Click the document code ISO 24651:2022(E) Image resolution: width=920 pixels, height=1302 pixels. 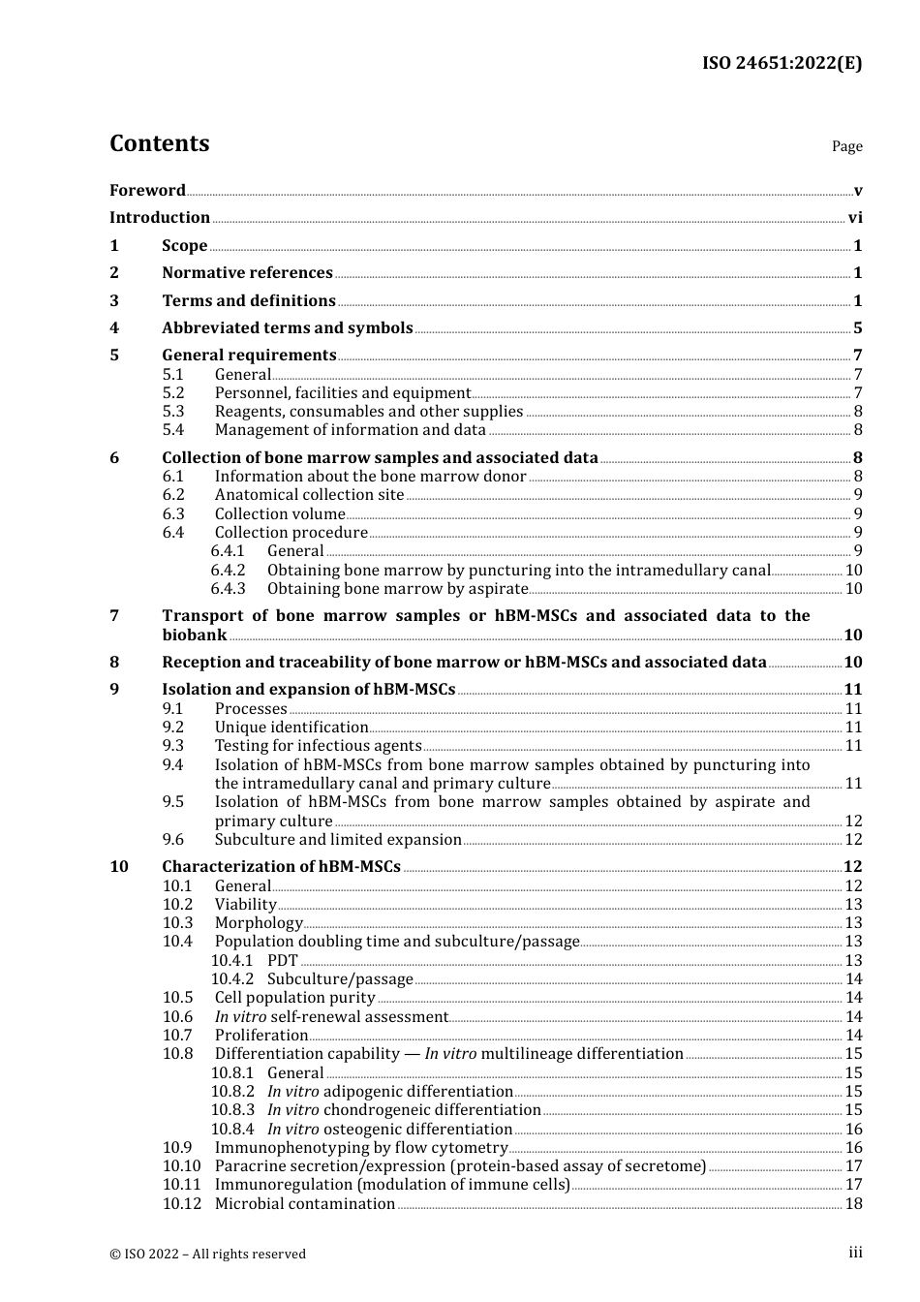pyautogui.click(x=781, y=63)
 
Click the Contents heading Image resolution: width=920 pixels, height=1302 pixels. pyautogui.click(x=159, y=143)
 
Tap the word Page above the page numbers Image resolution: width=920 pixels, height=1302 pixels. pyautogui.click(x=846, y=146)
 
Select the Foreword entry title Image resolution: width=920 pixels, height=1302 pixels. pyautogui.click(x=147, y=191)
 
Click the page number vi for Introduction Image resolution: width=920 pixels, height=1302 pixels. pyautogui.click(x=855, y=218)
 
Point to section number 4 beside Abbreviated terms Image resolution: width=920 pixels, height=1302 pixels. pyautogui.click(x=114, y=328)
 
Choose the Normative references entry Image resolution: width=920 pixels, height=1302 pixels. pyautogui.click(x=247, y=273)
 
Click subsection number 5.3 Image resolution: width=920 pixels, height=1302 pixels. pyautogui.click(x=172, y=412)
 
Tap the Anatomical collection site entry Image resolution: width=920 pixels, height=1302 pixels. pyautogui.click(x=309, y=495)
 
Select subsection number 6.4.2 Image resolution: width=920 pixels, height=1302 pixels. pyautogui.click(x=228, y=571)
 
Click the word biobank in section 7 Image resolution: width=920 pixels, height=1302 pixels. pyautogui.click(x=194, y=635)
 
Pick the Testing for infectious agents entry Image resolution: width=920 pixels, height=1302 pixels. pyautogui.click(x=318, y=746)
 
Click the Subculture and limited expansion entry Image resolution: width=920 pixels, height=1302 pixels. pyautogui.click(x=338, y=840)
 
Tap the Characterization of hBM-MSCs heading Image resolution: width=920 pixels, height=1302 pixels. pyautogui.click(x=281, y=867)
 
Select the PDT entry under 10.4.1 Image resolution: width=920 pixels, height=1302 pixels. pyautogui.click(x=283, y=961)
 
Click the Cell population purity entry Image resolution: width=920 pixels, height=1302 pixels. pyautogui.click(x=294, y=998)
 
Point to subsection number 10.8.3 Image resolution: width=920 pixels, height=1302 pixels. pyautogui.click(x=232, y=1110)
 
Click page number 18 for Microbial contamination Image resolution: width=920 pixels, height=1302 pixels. pyautogui.click(x=853, y=1204)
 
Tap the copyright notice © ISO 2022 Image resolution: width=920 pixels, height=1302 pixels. pyautogui.click(x=207, y=1255)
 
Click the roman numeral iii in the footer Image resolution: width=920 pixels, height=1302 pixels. pyautogui.click(x=855, y=1254)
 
